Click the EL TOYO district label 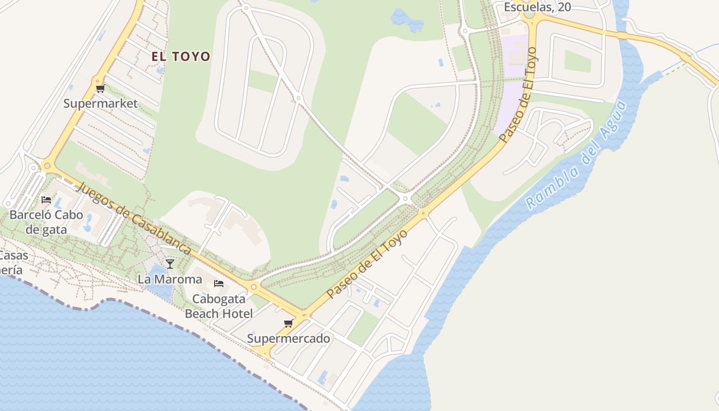click(181, 57)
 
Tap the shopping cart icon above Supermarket click(100, 89)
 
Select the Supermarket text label click(101, 104)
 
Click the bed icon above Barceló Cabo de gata click(46, 200)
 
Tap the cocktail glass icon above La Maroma click(170, 264)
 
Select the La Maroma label click(170, 279)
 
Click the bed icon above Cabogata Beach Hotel click(219, 283)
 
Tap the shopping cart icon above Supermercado click(289, 323)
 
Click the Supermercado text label click(289, 339)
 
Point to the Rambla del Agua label click(577, 155)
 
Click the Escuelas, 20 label click(537, 7)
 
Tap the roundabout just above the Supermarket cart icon click(97, 81)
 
